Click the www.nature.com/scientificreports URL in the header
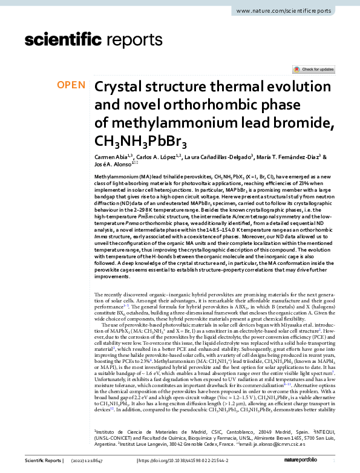click(x=292, y=11)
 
